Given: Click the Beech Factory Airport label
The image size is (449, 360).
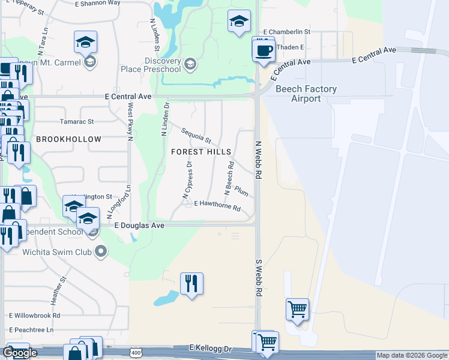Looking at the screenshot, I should (x=306, y=94).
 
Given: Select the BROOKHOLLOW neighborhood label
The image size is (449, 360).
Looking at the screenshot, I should (x=68, y=139).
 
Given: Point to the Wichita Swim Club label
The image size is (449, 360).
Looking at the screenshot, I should (x=58, y=251).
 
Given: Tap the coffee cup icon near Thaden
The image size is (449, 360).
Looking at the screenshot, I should (x=262, y=49).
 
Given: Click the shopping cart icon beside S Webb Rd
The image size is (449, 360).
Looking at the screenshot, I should (x=297, y=310).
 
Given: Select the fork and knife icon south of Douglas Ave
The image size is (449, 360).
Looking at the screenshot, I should (x=191, y=283).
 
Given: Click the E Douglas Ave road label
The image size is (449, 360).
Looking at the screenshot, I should (x=139, y=226).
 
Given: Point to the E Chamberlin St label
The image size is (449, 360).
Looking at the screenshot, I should (x=286, y=31).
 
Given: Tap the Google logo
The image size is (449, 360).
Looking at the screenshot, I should (x=20, y=353).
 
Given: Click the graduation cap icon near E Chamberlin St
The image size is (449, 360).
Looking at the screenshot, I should (x=239, y=22).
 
